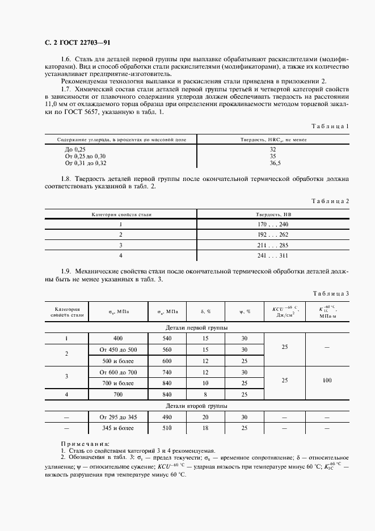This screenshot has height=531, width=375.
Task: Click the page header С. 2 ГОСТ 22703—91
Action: pyautogui.click(x=77, y=43)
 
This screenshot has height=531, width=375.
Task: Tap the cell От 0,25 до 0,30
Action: pyautogui.click(x=86, y=155)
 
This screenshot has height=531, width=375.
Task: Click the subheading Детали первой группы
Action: pyautogui.click(x=196, y=328)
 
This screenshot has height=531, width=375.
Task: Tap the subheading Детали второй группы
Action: pyautogui.click(x=196, y=407)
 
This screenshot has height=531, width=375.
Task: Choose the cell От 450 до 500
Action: pyautogui.click(x=118, y=349)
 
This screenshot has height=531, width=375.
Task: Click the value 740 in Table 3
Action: pyautogui.click(x=167, y=372)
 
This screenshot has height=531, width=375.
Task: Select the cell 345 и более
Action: pyautogui.click(x=118, y=428)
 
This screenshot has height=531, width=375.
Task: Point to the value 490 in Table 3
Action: pyautogui.click(x=167, y=418)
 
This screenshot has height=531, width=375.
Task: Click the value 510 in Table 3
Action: pyautogui.click(x=167, y=428)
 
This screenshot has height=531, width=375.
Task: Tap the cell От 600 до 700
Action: pyautogui.click(x=118, y=372)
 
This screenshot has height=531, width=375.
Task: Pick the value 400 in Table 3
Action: pyautogui.click(x=118, y=339)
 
